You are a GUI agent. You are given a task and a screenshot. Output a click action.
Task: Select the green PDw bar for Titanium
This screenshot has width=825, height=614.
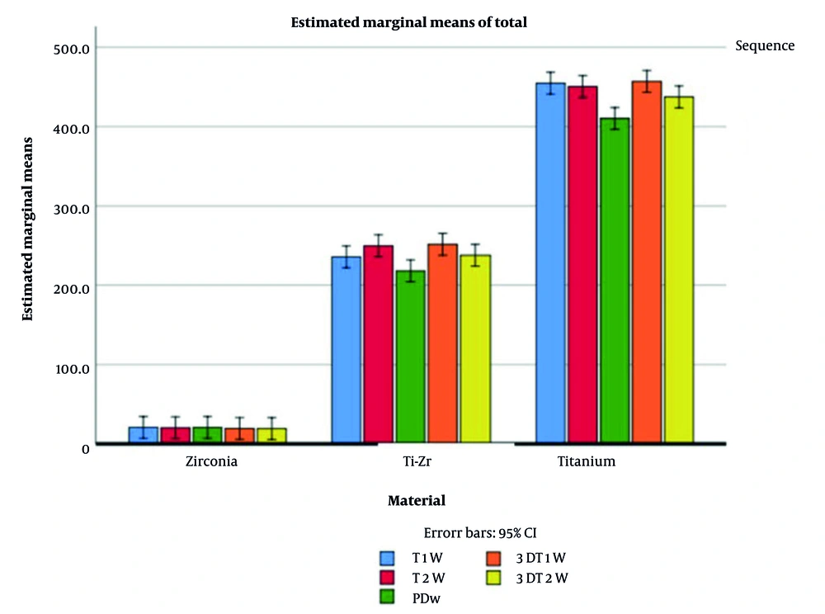(615, 281)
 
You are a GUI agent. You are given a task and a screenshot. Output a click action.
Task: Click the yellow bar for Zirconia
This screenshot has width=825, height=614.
(271, 437)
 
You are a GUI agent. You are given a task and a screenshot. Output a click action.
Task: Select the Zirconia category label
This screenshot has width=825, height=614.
(211, 462)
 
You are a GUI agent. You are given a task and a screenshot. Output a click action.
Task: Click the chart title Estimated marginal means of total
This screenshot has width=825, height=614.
(408, 23)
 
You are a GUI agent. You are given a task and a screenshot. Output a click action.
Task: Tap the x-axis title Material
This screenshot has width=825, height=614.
(416, 501)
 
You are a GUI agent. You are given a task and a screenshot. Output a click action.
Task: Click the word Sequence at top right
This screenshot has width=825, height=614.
(765, 46)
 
